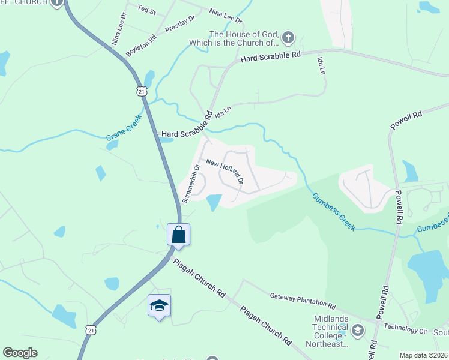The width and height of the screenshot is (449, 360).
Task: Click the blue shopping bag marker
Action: (179, 234)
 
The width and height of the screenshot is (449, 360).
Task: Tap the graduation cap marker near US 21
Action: (159, 306)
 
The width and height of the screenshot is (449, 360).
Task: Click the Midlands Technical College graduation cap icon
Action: (358, 330)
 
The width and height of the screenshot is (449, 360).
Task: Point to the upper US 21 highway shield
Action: (141, 91)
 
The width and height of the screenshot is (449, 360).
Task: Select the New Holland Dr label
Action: (224, 172)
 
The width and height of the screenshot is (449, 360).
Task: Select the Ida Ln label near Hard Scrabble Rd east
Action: (322, 64)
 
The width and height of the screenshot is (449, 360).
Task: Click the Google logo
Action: (20, 353)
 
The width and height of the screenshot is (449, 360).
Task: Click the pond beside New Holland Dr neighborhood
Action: (213, 202)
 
